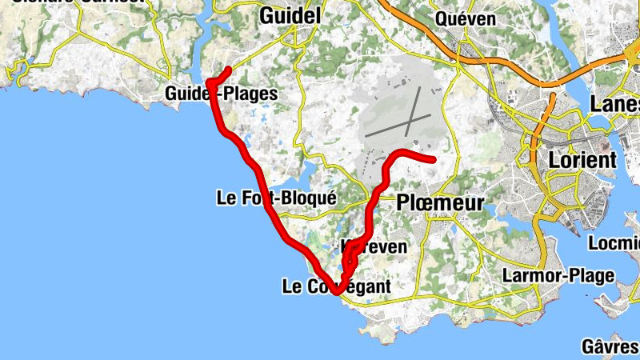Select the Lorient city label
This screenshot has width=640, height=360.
(582, 159)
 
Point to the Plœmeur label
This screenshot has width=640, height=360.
(440, 204)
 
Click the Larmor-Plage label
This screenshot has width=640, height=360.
(558, 276)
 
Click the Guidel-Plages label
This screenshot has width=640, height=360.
(222, 94)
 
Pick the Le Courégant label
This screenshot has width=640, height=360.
(337, 286)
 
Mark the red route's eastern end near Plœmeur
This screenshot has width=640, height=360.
(434, 160)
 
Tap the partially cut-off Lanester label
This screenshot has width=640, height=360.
(614, 104)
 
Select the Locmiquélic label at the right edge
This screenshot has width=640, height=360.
(614, 242)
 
